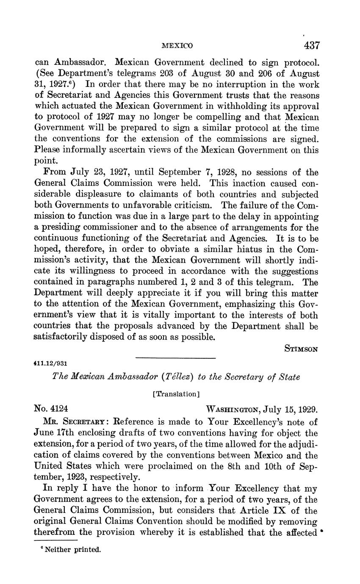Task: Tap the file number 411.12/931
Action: click(51, 363)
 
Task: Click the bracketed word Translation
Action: click(176, 394)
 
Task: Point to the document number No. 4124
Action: click(51, 409)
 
